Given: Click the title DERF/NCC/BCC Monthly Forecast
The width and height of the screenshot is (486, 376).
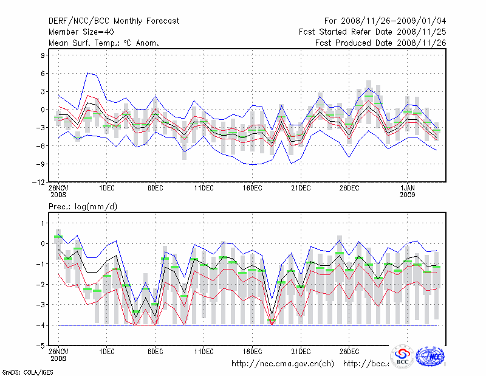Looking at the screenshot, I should [x=114, y=21].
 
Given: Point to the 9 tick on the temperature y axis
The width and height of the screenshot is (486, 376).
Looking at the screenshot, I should [x=43, y=55].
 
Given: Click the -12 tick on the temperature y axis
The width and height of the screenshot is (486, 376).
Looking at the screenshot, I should [x=39, y=182].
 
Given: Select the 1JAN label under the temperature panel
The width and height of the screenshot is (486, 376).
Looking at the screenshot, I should [x=408, y=189].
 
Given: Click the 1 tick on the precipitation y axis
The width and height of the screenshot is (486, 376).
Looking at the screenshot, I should [x=43, y=223].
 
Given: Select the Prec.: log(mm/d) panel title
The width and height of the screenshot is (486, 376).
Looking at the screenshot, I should [x=83, y=207].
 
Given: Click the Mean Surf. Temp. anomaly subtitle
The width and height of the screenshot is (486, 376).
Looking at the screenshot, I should [x=103, y=43].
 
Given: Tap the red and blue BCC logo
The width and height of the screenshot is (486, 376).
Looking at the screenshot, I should [x=402, y=357].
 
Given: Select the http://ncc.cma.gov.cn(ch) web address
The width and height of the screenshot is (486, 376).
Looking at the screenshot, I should [x=282, y=364].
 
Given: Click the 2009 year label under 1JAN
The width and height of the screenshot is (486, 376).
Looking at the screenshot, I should [x=408, y=196].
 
